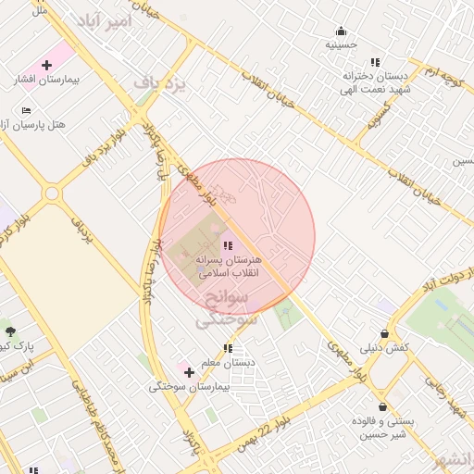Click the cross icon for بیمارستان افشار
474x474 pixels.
46,65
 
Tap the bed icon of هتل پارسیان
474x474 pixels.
26,110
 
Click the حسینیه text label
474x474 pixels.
341,44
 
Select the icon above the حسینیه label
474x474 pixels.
341,30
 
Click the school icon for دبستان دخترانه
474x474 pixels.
375,61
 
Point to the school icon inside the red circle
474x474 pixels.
228,245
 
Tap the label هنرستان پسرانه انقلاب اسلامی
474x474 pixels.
228,267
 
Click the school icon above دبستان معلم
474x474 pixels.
228,348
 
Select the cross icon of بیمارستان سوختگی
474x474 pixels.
189,372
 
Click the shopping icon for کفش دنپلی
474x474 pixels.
383,334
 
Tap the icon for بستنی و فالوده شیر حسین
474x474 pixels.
381,406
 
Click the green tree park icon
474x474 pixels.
10,331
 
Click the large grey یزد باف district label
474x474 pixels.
159,85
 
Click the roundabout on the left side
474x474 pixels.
50,193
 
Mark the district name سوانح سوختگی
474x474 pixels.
224,311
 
